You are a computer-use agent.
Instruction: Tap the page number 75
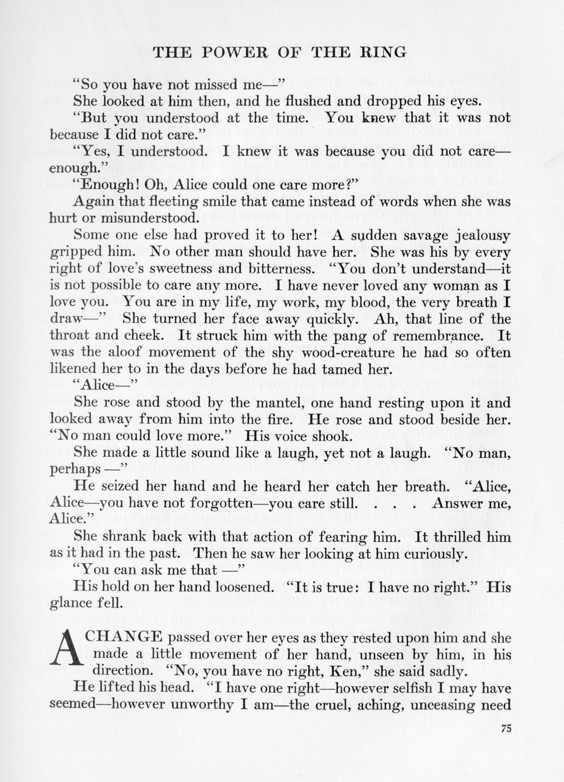click(506, 729)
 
